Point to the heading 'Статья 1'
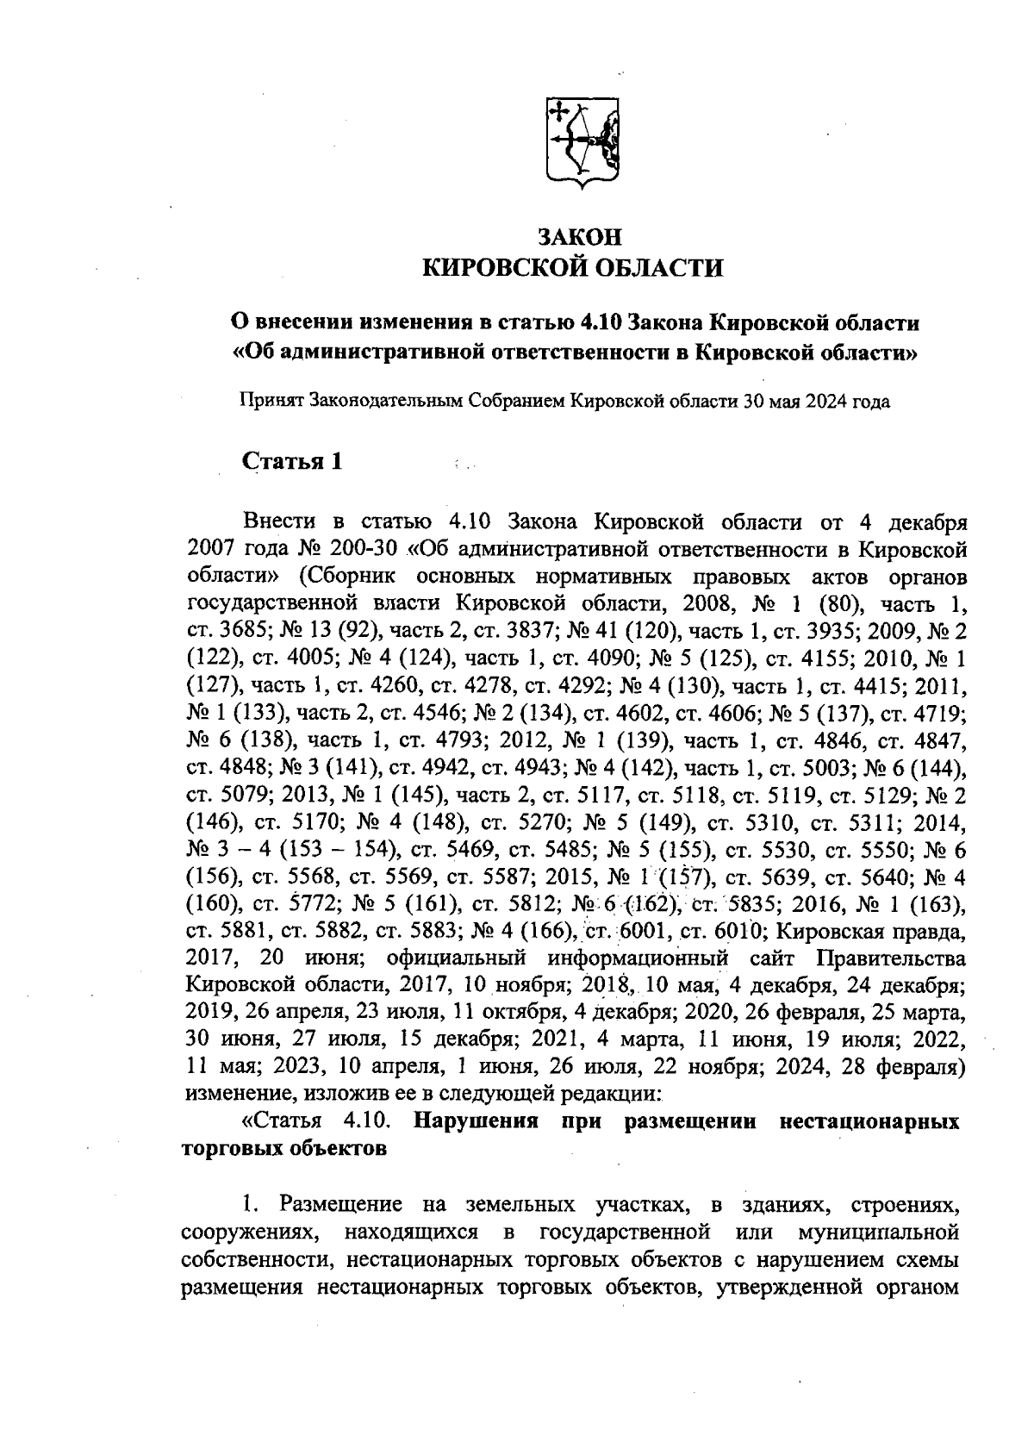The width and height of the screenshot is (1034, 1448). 293,461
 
